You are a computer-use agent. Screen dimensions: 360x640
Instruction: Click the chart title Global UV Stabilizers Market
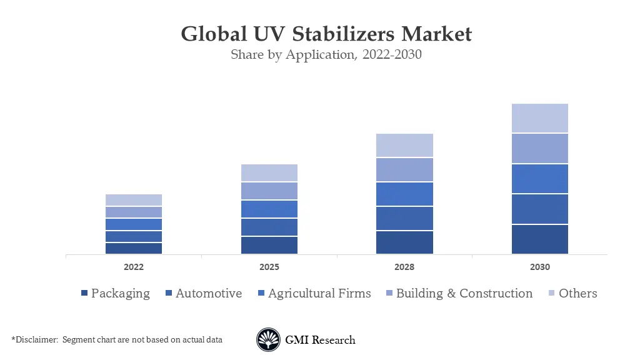point(326,33)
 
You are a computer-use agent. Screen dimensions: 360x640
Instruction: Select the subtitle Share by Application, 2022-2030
point(326,54)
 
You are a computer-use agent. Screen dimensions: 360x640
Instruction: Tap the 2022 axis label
point(134,267)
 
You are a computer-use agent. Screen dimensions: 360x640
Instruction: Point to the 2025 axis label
point(269,267)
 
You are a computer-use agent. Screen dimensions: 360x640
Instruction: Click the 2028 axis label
point(404,267)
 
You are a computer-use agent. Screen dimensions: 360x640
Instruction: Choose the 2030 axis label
point(540,267)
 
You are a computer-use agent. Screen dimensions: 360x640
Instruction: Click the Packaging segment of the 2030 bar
point(540,239)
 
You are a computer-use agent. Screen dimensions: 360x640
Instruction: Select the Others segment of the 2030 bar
point(540,118)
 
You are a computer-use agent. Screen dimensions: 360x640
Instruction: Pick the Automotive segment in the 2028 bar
point(404,219)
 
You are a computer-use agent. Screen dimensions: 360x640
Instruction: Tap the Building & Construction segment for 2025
point(269,191)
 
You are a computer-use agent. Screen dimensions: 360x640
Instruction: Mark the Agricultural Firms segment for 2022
point(134,224)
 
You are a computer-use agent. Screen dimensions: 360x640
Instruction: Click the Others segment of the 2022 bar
point(134,200)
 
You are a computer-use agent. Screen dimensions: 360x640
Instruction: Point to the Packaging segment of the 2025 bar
point(269,245)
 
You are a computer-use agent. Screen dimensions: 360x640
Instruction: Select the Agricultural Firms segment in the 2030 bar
point(540,179)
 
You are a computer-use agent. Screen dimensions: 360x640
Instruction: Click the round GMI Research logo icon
point(268,340)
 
